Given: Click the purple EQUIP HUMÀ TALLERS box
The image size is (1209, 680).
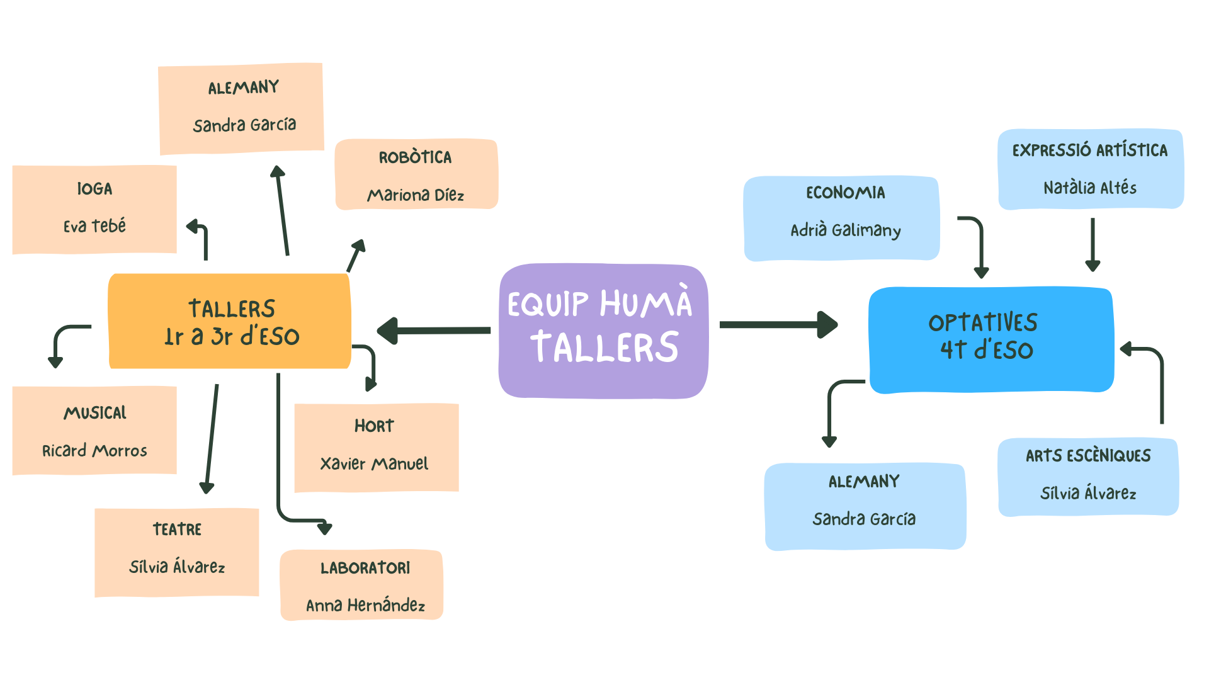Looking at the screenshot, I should pyautogui.click(x=603, y=331).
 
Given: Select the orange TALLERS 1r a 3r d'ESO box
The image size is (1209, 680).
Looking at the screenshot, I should pyautogui.click(x=230, y=321).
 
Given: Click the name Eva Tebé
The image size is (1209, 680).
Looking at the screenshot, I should pyautogui.click(x=94, y=225).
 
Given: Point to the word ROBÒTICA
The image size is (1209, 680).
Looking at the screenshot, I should pyautogui.click(x=415, y=157).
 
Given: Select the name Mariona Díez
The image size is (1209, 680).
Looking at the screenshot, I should pyautogui.click(x=416, y=195).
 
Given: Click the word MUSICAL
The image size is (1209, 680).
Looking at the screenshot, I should pyautogui.click(x=95, y=413).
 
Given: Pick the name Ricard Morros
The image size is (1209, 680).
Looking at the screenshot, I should pyautogui.click(x=94, y=451).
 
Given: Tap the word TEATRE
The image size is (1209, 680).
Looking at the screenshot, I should pyautogui.click(x=177, y=529).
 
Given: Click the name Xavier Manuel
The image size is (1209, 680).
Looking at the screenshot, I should pyautogui.click(x=374, y=464).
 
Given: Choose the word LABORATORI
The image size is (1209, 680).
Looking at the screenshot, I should pyautogui.click(x=365, y=568).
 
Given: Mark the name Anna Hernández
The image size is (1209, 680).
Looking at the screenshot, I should pyautogui.click(x=365, y=606).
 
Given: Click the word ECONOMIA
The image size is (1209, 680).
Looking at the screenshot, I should pyautogui.click(x=845, y=193).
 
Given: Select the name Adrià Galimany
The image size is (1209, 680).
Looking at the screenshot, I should pyautogui.click(x=845, y=230).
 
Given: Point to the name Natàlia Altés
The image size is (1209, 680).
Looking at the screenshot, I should pyautogui.click(x=1090, y=188).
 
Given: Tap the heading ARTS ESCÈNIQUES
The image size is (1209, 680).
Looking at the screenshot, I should pyautogui.click(x=1088, y=455).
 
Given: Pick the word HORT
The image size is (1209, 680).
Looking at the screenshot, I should pyautogui.click(x=374, y=426).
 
